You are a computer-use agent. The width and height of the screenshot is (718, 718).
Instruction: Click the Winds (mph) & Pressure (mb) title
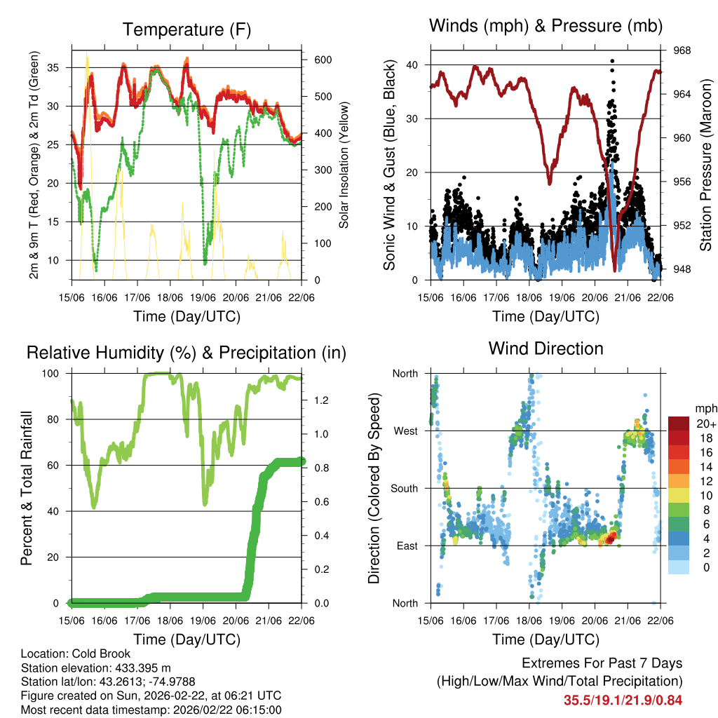(x=546, y=26)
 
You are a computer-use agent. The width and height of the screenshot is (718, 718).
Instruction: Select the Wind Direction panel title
(x=546, y=348)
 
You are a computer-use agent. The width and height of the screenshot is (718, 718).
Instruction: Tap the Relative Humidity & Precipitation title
(x=186, y=353)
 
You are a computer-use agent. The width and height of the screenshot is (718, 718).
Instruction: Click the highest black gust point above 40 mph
(x=612, y=61)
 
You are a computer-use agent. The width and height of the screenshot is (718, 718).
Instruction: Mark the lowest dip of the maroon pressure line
(x=615, y=270)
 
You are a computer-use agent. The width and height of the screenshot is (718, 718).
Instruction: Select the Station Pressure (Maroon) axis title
(x=706, y=165)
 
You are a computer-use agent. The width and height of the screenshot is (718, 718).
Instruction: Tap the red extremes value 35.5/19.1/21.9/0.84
(x=623, y=700)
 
